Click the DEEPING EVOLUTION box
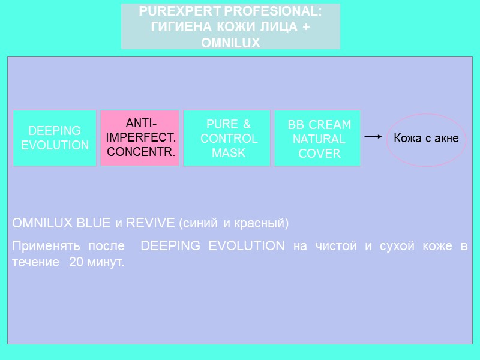click(x=55, y=138)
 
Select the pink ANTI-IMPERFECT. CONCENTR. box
click(x=140, y=138)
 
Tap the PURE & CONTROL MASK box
click(x=229, y=138)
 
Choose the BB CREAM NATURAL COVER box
click(x=317, y=138)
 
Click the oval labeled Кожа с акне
click(x=426, y=139)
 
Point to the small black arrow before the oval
click(x=373, y=137)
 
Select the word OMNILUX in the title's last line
click(x=230, y=43)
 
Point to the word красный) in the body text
click(x=262, y=224)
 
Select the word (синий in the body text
click(x=197, y=224)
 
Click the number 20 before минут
click(x=77, y=263)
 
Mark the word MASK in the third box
click(x=229, y=153)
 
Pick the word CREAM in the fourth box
click(x=330, y=125)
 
